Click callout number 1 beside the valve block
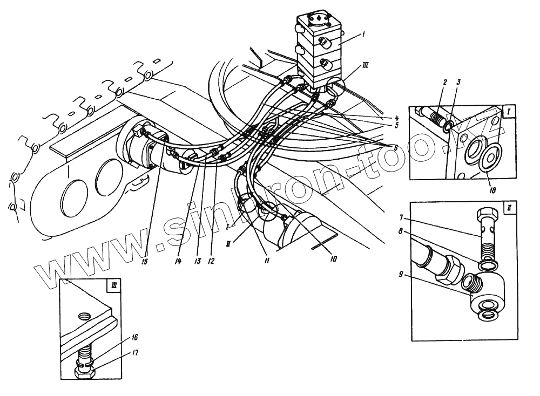[x=364, y=35]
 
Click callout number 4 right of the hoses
[x=396, y=118]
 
